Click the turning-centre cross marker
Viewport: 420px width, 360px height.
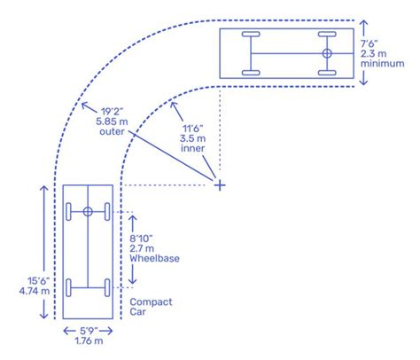pos(220,185)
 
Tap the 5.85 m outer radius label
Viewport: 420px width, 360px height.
pos(112,121)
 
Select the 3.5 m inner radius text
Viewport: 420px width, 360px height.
pos(192,138)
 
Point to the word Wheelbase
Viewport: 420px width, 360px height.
pos(154,258)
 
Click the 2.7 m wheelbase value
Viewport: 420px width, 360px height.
pos(142,248)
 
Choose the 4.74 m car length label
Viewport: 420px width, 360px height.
pos(35,291)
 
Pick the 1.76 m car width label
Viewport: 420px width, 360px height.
pos(89,340)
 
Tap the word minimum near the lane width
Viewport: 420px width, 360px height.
pos(383,64)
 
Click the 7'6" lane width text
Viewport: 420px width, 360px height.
pos(369,43)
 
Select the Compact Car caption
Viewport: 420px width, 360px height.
pos(151,307)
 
